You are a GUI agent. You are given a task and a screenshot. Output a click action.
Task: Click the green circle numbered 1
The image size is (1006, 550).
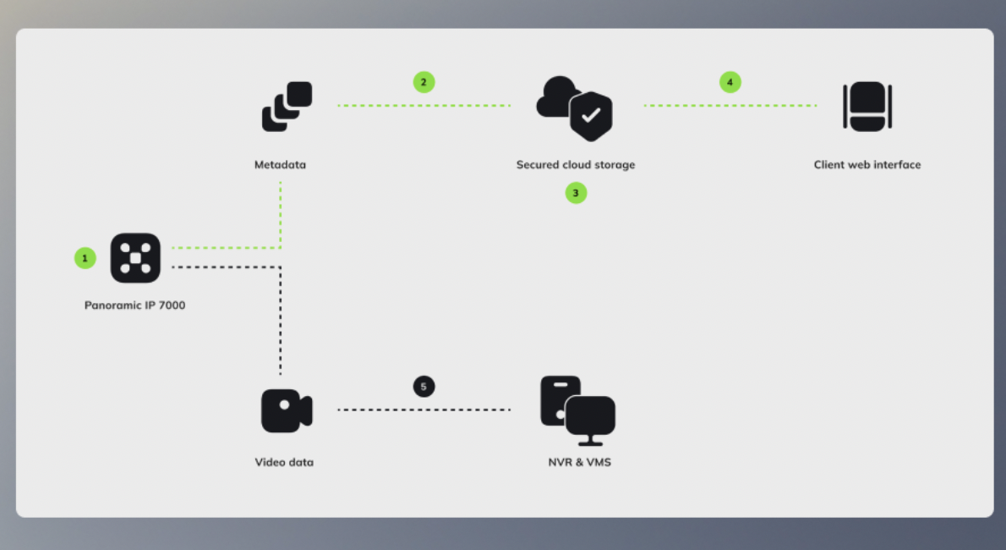pyautogui.click(x=85, y=257)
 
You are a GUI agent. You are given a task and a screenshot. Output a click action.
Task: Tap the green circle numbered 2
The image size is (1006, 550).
pyautogui.click(x=424, y=82)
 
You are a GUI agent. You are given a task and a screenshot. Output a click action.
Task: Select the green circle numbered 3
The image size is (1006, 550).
pyautogui.click(x=576, y=193)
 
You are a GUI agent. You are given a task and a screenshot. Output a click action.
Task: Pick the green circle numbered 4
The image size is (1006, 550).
pyautogui.click(x=730, y=82)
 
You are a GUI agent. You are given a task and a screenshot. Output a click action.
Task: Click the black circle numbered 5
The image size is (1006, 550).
pyautogui.click(x=424, y=387)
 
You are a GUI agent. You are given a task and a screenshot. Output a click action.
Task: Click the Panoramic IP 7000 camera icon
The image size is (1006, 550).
pyautogui.click(x=135, y=257)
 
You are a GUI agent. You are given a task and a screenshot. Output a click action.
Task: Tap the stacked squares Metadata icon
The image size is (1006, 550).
pyautogui.click(x=287, y=106)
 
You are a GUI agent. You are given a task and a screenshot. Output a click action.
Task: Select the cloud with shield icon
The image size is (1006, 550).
pyautogui.click(x=574, y=107)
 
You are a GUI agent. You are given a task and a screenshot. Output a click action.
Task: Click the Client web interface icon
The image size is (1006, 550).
pyautogui.click(x=867, y=106)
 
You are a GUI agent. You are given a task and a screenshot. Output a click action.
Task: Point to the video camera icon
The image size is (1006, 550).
pyautogui.click(x=287, y=411)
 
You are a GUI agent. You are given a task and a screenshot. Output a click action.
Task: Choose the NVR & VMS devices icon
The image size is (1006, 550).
pyautogui.click(x=577, y=410)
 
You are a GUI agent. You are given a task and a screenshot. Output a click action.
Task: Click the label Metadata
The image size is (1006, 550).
pyautogui.click(x=280, y=165)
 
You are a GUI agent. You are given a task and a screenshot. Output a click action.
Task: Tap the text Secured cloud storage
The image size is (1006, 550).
pyautogui.click(x=575, y=165)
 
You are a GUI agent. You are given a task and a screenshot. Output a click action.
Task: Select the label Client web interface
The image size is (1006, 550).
pyautogui.click(x=867, y=165)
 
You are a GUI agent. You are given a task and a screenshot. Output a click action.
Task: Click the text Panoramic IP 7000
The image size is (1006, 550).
pyautogui.click(x=134, y=305)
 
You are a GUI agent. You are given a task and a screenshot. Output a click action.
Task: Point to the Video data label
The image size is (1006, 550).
pyautogui.click(x=284, y=463)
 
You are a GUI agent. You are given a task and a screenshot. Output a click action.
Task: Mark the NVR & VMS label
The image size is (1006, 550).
pyautogui.click(x=579, y=463)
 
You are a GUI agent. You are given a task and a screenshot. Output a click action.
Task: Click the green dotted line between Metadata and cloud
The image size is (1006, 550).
pyautogui.click(x=424, y=105)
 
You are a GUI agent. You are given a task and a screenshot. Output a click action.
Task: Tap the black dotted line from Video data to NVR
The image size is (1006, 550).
pyautogui.click(x=424, y=410)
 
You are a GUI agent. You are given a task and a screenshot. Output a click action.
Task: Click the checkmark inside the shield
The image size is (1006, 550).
pyautogui.click(x=591, y=114)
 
